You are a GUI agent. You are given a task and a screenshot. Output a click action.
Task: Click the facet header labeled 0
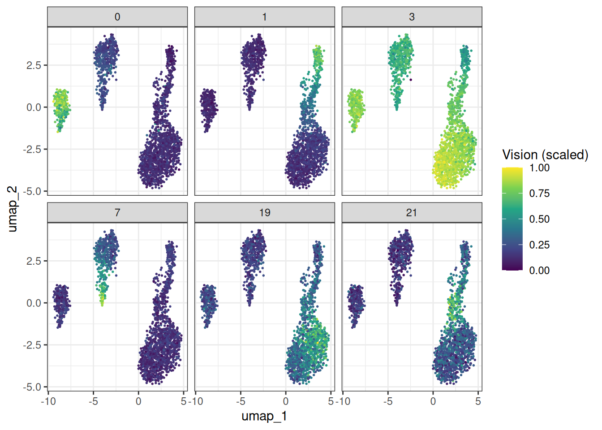[117, 17]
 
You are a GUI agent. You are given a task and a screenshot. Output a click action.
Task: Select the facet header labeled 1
[265, 17]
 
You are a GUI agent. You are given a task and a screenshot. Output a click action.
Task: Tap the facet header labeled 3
[412, 17]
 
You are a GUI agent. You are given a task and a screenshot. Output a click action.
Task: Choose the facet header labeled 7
[117, 213]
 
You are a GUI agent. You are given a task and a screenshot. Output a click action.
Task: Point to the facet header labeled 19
[265, 213]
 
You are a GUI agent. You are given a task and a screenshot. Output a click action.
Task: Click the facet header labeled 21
[412, 213]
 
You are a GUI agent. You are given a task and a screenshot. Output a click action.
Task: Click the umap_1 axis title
[264, 416]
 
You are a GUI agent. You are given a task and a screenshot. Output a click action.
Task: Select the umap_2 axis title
[12, 209]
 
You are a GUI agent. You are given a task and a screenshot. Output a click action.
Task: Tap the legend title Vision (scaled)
[545, 155]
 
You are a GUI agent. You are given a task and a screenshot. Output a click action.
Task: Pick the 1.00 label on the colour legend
[539, 168]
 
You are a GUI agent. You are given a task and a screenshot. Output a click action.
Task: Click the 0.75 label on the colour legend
[539, 193]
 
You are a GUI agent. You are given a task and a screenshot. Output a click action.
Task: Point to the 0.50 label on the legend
[539, 219]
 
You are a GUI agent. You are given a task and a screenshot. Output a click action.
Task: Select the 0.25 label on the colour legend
[539, 245]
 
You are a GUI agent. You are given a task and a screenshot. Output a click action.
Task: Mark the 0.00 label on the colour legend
[539, 271]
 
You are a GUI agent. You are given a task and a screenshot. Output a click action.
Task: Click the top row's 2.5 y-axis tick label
[34, 65]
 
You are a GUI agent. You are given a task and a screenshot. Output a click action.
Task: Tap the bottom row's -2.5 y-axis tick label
[31, 345]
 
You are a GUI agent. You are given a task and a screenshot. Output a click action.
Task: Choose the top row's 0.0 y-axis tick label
[34, 107]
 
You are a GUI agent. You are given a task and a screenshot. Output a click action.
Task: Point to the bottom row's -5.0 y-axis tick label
[31, 387]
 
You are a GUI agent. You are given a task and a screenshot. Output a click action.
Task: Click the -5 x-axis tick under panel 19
[241, 401]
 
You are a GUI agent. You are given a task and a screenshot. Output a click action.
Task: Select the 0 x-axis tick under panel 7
[138, 401]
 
